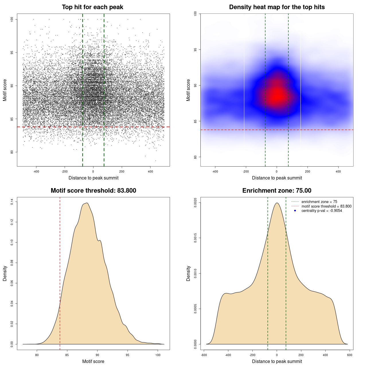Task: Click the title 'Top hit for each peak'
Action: click(x=92, y=7)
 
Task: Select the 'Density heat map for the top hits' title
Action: click(x=277, y=7)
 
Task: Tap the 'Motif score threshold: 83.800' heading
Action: click(x=93, y=191)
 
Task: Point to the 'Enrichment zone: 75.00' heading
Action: click(x=277, y=191)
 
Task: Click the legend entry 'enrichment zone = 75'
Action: click(x=319, y=202)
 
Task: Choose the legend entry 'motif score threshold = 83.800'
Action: click(x=326, y=206)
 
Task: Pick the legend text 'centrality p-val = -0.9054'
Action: click(x=322, y=211)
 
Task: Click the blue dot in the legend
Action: click(x=295, y=211)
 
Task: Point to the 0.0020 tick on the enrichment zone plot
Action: click(x=195, y=203)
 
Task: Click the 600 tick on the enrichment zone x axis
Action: click(x=350, y=355)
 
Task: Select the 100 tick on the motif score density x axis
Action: click(x=158, y=355)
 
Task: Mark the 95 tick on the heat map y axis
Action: click(x=195, y=50)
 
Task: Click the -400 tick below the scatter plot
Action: click(x=36, y=171)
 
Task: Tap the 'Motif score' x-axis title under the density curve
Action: click(x=93, y=361)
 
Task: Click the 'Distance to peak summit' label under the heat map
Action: click(x=277, y=178)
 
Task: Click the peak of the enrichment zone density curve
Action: click(x=277, y=203)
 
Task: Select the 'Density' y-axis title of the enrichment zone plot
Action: click(x=188, y=273)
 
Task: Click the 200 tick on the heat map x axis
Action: click(x=308, y=171)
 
